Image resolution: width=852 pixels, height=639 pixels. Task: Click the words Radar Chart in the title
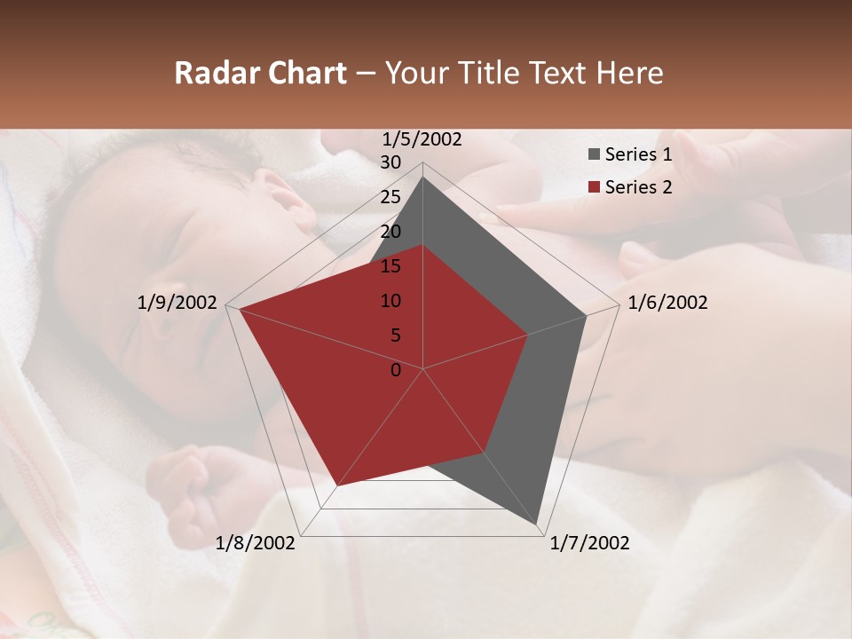[260, 74]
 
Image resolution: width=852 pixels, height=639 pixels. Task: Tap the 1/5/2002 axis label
[422, 138]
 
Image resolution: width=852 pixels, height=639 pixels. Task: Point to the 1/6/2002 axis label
[667, 303]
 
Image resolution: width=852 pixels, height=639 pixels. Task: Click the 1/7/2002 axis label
[589, 543]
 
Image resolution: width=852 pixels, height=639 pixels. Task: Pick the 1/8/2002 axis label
[256, 543]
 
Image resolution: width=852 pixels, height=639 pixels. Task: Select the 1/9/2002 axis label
[177, 303]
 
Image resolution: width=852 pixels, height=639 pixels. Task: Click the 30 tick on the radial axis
[390, 162]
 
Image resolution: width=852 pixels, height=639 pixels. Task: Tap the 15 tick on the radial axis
[390, 266]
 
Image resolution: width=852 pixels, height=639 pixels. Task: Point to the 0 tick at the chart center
[396, 369]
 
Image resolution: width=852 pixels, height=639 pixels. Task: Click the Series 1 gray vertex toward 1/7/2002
[538, 525]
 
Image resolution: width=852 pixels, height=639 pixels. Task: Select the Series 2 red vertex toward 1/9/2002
[240, 309]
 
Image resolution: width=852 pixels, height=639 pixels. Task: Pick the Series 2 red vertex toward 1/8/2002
[336, 486]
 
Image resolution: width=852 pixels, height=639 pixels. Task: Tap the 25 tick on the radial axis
[390, 197]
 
